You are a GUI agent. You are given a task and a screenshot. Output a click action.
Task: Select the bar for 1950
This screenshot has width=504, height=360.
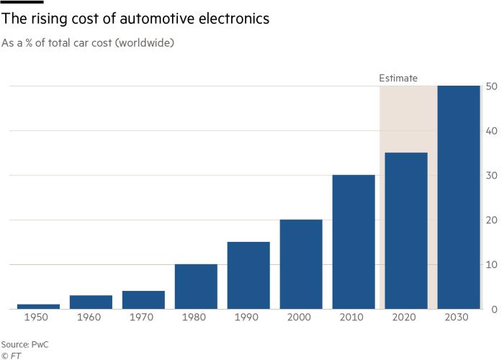click(38, 306)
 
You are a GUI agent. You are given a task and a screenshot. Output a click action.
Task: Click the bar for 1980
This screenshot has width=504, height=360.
click(196, 287)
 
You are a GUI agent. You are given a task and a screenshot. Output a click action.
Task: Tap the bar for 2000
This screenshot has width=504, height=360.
click(301, 264)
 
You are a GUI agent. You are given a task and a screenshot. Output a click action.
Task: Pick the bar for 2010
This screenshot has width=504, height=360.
click(354, 242)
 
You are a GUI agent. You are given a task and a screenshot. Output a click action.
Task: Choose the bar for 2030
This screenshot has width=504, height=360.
click(459, 197)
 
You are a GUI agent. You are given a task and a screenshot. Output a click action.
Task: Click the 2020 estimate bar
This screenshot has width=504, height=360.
click(406, 230)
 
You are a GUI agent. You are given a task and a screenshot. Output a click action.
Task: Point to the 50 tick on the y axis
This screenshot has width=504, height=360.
click(492, 86)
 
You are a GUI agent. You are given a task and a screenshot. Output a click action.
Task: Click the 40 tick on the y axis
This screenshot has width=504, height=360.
click(492, 131)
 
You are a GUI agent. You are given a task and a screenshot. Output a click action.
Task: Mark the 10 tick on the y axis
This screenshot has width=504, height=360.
click(492, 264)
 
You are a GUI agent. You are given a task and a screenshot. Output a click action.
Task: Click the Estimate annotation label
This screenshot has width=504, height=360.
click(398, 78)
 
